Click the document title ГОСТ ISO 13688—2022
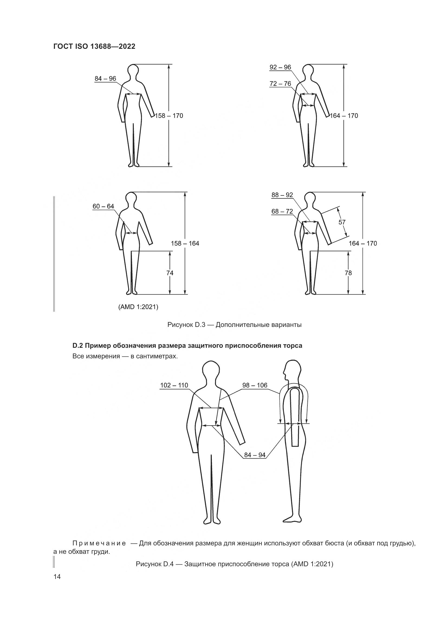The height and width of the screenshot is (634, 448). (94, 46)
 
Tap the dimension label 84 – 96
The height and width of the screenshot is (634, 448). (105, 79)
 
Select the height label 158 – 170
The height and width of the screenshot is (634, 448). (169, 116)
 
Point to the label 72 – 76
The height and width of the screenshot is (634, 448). (280, 84)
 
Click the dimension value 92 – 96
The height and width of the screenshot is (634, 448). (280, 67)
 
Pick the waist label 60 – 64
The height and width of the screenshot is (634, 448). (103, 206)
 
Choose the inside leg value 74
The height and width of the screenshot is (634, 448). (170, 273)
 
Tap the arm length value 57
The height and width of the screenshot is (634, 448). (342, 222)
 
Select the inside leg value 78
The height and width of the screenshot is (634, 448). (348, 273)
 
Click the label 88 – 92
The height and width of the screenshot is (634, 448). (282, 195)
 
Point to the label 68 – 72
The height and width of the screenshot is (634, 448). (282, 211)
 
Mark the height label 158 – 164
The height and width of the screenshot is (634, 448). (185, 243)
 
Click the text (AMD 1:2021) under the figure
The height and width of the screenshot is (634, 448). (138, 307)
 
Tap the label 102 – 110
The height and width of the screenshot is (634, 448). (174, 385)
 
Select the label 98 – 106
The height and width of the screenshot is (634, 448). (255, 385)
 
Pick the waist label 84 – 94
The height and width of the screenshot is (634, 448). (255, 455)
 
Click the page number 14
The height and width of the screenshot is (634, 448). (57, 577)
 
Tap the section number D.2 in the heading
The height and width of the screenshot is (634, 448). (78, 345)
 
